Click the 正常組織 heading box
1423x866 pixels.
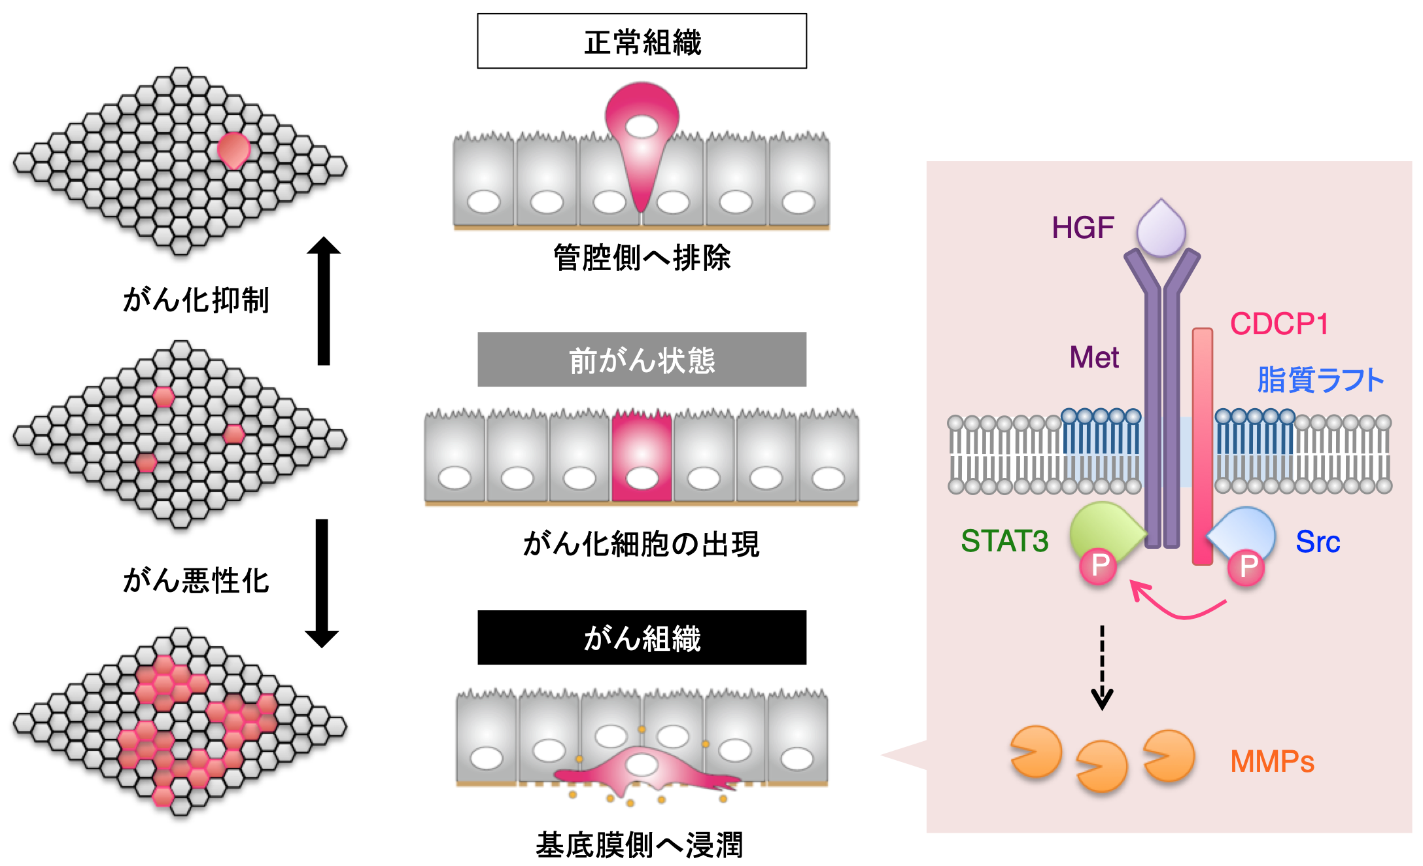point(642,41)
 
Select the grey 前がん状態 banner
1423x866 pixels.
point(642,360)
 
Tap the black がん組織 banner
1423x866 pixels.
point(642,638)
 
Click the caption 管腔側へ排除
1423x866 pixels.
point(642,258)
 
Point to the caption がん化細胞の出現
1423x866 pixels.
point(641,544)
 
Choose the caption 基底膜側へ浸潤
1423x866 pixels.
point(640,845)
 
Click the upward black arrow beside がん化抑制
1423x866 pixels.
point(324,301)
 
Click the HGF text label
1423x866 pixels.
point(1082,228)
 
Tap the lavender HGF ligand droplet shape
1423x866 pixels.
point(1161,230)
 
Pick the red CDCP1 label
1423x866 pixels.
point(1278,324)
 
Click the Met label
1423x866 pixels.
point(1094,358)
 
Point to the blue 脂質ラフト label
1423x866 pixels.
point(1320,380)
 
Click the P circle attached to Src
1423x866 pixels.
point(1246,566)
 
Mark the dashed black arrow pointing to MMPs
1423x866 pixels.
point(1102,667)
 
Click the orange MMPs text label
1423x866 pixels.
point(1272,761)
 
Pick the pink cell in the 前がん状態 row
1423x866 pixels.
point(642,457)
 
